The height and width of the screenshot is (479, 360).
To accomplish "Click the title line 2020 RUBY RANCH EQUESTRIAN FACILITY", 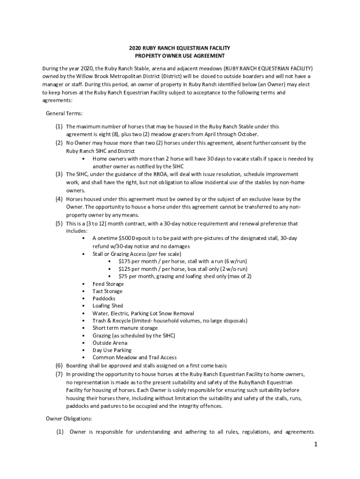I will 180,48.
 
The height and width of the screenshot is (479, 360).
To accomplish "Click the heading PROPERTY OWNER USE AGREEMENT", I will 180,56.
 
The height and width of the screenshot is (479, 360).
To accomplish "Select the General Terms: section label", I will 64,114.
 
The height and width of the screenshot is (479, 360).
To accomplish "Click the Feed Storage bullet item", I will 108,284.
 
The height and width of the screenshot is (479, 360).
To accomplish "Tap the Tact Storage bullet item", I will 107,291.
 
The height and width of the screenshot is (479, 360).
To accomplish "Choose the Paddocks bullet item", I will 104,298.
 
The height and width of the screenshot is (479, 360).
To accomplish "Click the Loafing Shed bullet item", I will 108,306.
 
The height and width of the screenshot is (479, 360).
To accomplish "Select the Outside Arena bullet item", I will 109,343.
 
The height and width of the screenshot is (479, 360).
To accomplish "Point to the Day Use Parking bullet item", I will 112,350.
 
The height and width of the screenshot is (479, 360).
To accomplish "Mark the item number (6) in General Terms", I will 59,365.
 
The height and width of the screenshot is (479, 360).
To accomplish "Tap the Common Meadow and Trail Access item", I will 134,357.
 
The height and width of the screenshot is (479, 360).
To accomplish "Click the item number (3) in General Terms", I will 59,174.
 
